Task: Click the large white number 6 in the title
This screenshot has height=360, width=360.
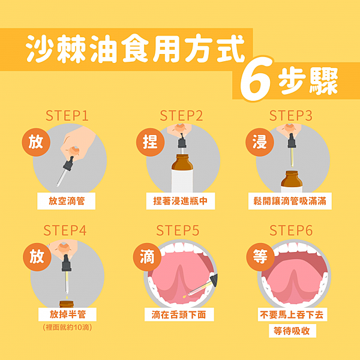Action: pos(256,79)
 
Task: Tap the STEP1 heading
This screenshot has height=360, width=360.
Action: pos(67,115)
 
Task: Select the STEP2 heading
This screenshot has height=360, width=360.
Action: pos(181,115)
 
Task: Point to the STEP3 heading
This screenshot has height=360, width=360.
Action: pos(290,115)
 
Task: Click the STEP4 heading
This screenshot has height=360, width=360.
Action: pos(65,230)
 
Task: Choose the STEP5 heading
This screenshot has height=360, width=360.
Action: pos(178,230)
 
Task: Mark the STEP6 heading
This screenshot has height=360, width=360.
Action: pos(291,230)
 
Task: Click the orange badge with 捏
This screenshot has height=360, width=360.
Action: pos(151,142)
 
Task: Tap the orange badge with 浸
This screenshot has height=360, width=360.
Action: pos(260,142)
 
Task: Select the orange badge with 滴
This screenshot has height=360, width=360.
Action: pos(147,257)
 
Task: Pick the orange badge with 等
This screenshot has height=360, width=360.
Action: pos(260,257)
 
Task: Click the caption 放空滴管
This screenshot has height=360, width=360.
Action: pos(67,201)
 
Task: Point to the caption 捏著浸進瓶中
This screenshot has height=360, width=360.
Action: pos(181,201)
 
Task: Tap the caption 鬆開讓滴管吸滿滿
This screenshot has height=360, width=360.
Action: pos(290,201)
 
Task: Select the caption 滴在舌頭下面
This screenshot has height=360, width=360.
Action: pos(179,314)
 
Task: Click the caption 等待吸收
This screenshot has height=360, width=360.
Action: pos(292,331)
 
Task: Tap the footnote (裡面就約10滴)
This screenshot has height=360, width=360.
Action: pos(67,328)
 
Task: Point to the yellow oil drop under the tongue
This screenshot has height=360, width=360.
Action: pos(184,297)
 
